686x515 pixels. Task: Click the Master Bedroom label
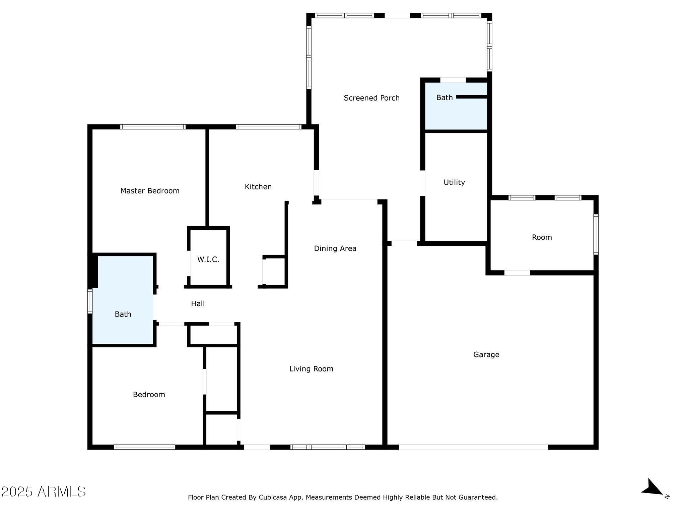pyautogui.click(x=150, y=191)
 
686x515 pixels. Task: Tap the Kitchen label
pyautogui.click(x=258, y=187)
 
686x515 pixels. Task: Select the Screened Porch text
pyautogui.click(x=371, y=98)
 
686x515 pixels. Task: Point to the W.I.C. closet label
pyautogui.click(x=208, y=260)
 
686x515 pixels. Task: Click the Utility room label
pyautogui.click(x=454, y=182)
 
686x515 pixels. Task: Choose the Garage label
pyautogui.click(x=486, y=354)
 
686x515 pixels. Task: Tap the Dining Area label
pyautogui.click(x=335, y=248)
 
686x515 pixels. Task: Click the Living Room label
pyautogui.click(x=311, y=369)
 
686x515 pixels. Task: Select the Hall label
pyautogui.click(x=198, y=304)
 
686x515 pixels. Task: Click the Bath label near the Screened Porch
pyautogui.click(x=444, y=98)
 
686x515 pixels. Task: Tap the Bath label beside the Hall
pyautogui.click(x=123, y=314)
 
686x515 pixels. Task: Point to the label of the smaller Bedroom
pyautogui.click(x=149, y=395)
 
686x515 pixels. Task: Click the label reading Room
pyautogui.click(x=542, y=237)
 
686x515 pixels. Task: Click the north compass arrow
pyautogui.click(x=652, y=488)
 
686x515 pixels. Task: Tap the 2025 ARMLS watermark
pyautogui.click(x=44, y=492)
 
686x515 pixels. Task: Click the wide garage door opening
pyautogui.click(x=473, y=447)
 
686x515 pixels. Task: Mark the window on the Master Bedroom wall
pyautogui.click(x=153, y=127)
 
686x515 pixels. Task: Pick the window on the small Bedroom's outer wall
pyautogui.click(x=144, y=447)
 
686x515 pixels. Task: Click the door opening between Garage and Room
pyautogui.click(x=517, y=273)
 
